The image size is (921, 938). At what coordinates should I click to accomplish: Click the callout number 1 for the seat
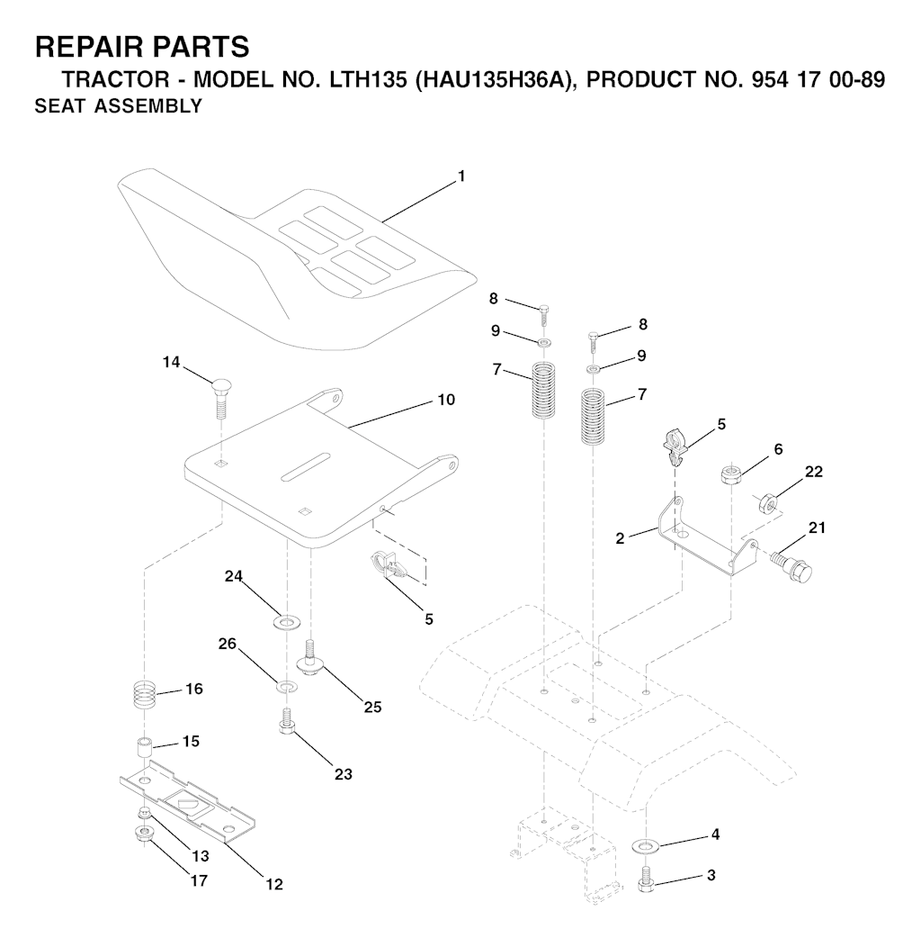pos(460,176)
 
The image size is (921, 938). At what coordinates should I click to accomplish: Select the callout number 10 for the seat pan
pos(446,400)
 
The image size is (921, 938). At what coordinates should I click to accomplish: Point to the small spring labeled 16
pos(144,695)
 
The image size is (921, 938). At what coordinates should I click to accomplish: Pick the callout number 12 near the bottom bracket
pos(274,884)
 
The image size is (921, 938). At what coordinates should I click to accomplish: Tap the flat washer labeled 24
pos(288,621)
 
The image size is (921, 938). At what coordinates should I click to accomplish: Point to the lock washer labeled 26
pos(286,685)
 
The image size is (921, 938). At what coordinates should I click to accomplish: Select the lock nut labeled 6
pos(731,475)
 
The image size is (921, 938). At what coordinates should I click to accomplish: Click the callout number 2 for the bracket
pos(620,538)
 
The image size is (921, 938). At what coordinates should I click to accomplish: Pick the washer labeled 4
pos(645,845)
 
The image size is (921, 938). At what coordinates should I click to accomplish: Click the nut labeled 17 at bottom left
pos(143,834)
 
